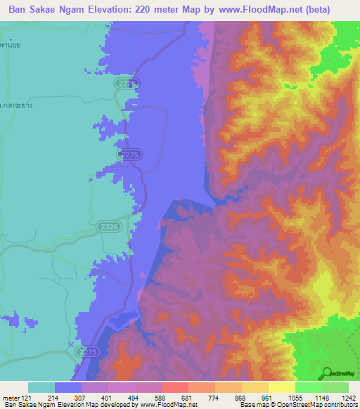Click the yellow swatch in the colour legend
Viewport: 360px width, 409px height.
coord(282,387)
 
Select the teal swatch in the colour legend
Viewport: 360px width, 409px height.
coord(41,387)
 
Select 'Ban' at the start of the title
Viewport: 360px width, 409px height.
coord(20,9)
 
